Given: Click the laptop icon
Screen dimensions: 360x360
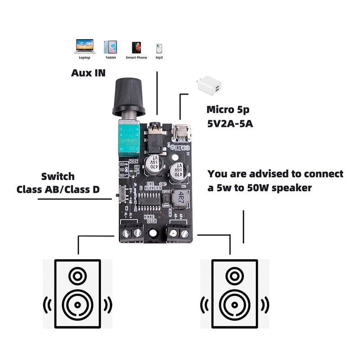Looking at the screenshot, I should (x=85, y=46).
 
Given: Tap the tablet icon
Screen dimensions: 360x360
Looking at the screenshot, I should (x=111, y=47).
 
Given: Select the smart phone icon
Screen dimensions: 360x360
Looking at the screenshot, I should (x=136, y=47).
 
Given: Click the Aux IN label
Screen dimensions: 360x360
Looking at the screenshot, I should (x=88, y=72).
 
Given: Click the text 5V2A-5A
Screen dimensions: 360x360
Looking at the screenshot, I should (x=229, y=123).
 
